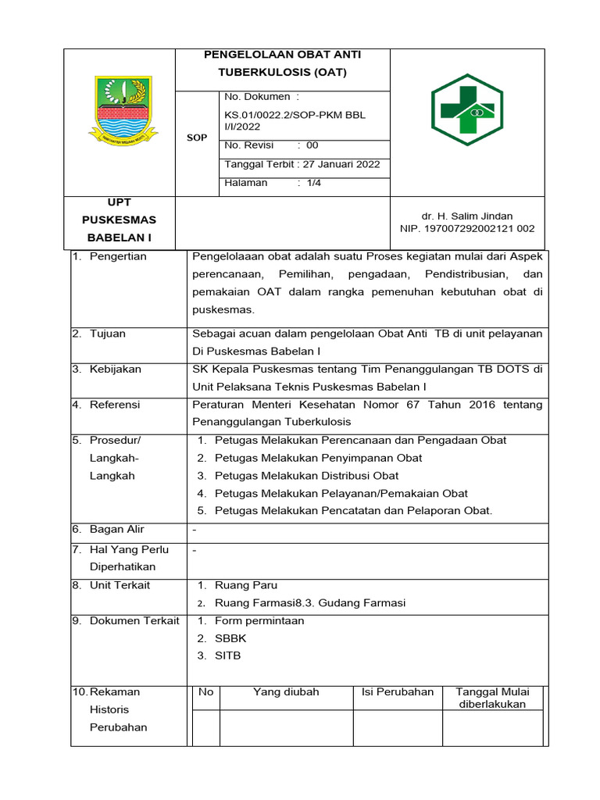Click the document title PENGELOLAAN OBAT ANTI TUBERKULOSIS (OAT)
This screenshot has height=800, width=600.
(x=282, y=63)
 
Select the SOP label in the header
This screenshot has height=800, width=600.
(x=197, y=137)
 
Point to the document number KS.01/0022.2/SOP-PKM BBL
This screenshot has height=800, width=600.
(x=295, y=115)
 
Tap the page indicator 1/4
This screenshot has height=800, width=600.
(x=314, y=183)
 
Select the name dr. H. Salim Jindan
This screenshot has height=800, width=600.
(x=467, y=216)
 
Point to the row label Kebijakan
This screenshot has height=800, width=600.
(x=115, y=369)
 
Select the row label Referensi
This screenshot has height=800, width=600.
(x=115, y=405)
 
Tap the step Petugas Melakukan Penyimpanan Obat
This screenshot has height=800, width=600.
(x=318, y=458)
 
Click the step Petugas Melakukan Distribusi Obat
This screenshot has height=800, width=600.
(x=306, y=475)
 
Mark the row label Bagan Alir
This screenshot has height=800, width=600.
(x=116, y=529)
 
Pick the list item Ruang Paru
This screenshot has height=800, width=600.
(x=245, y=585)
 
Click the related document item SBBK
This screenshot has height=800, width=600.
(x=230, y=638)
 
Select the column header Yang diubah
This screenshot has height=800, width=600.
(x=286, y=692)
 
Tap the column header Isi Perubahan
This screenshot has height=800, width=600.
(x=397, y=692)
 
